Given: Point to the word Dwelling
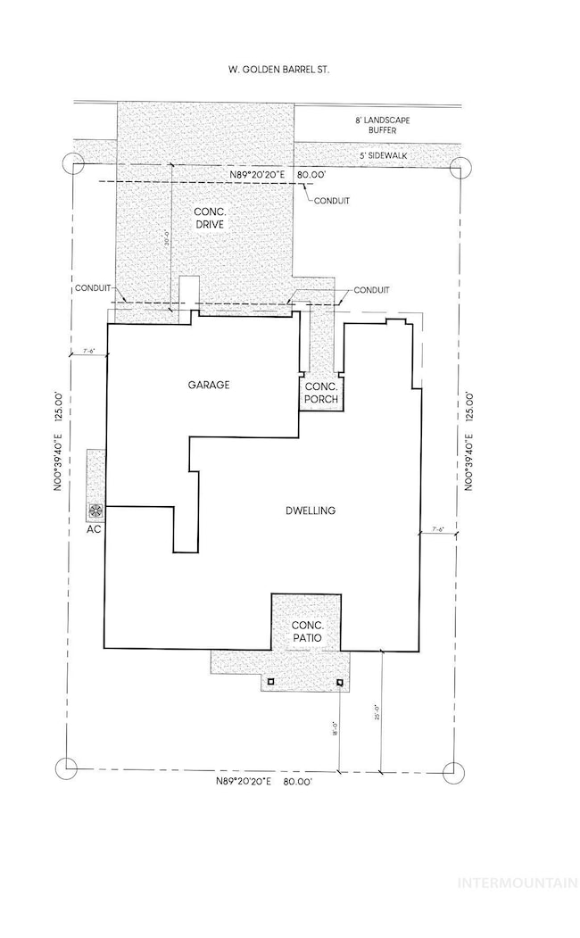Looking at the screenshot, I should [310, 511].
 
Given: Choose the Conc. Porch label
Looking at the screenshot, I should [320, 394].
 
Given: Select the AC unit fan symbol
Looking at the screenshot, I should [95, 511].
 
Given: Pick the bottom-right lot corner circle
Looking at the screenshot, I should [456, 770].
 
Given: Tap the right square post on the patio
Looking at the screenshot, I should [339, 684].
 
